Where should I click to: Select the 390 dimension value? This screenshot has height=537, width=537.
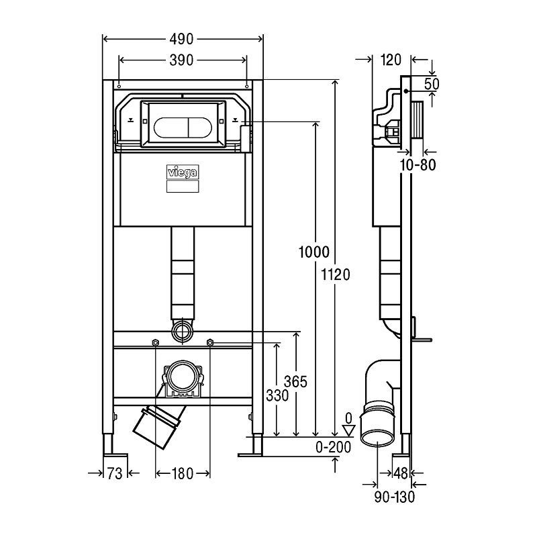click(x=181, y=60)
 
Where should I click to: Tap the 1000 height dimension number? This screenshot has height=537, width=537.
click(x=313, y=252)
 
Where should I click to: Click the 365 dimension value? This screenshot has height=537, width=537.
click(x=295, y=382)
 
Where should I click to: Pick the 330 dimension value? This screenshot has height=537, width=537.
click(x=276, y=396)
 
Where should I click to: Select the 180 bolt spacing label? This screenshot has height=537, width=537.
click(x=183, y=474)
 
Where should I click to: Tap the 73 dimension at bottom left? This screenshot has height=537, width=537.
click(x=115, y=474)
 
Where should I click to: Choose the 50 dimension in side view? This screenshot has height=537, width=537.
click(x=432, y=84)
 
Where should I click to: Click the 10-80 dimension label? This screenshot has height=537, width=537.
click(x=420, y=164)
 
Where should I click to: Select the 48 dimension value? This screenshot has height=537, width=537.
click(x=401, y=474)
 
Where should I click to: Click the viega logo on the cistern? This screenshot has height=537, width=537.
click(x=182, y=173)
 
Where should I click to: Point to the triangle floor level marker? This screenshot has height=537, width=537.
click(x=347, y=430)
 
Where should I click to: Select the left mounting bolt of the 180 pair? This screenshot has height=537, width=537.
click(x=156, y=344)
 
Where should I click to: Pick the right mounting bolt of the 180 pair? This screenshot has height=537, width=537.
click(x=210, y=344)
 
